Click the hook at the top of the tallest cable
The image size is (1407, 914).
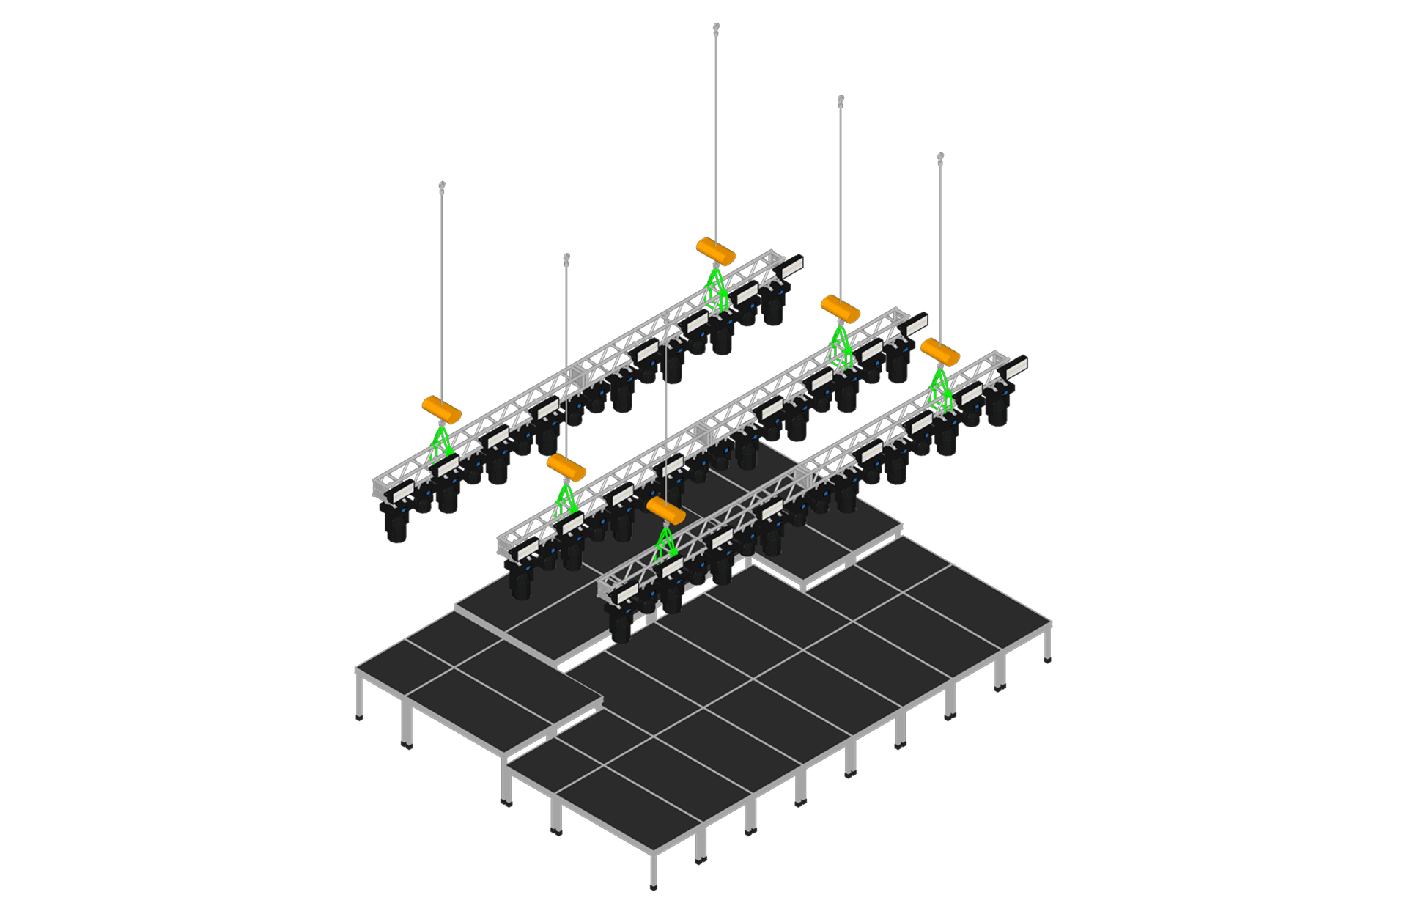[x=716, y=27]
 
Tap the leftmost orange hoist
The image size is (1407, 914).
[x=441, y=410]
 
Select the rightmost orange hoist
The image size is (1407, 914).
[x=940, y=352]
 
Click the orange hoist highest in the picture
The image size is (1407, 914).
[x=715, y=251]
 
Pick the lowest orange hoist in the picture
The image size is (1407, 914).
[x=665, y=510]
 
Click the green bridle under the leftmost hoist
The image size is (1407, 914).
[x=441, y=444]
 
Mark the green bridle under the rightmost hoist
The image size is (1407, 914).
[x=941, y=388]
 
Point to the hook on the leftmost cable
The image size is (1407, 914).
[x=442, y=186]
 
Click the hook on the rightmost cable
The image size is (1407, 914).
[x=941, y=157]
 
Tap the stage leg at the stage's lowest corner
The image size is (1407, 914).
[x=654, y=872]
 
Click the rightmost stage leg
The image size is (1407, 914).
[x=1049, y=645]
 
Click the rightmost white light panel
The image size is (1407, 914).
[x=1017, y=366]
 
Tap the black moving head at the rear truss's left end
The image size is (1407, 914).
[x=396, y=523]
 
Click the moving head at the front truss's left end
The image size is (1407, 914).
[x=621, y=624]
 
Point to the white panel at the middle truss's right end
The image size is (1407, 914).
[x=917, y=323]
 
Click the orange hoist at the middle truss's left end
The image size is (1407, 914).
[x=566, y=467]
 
